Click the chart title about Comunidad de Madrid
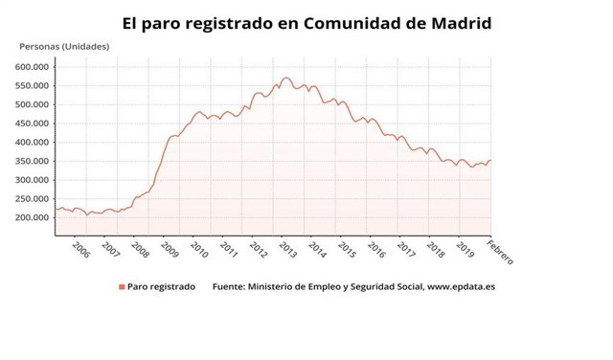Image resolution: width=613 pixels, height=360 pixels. [x=306, y=21]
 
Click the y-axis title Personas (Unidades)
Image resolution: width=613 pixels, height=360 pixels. [x=64, y=47]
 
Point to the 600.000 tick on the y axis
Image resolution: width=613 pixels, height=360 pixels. [x=33, y=67]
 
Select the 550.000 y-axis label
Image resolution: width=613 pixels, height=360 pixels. [x=33, y=86]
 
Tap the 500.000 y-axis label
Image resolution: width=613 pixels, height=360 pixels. [x=33, y=104]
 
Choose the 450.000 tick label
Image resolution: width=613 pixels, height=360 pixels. [x=33, y=124]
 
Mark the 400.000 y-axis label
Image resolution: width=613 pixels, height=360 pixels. [x=33, y=143]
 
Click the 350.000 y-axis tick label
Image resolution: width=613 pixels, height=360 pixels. [x=33, y=161]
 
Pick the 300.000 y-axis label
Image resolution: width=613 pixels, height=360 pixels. [x=33, y=180]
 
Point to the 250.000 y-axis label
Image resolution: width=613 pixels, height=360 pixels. [x=33, y=199]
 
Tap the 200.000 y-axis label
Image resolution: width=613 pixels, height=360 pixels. [x=33, y=217]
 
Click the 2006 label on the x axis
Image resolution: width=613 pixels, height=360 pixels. [x=81, y=250]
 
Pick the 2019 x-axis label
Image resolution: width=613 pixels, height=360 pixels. [x=465, y=250]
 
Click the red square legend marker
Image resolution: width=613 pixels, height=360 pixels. [x=122, y=286]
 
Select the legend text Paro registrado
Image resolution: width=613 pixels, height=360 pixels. [x=162, y=286]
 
